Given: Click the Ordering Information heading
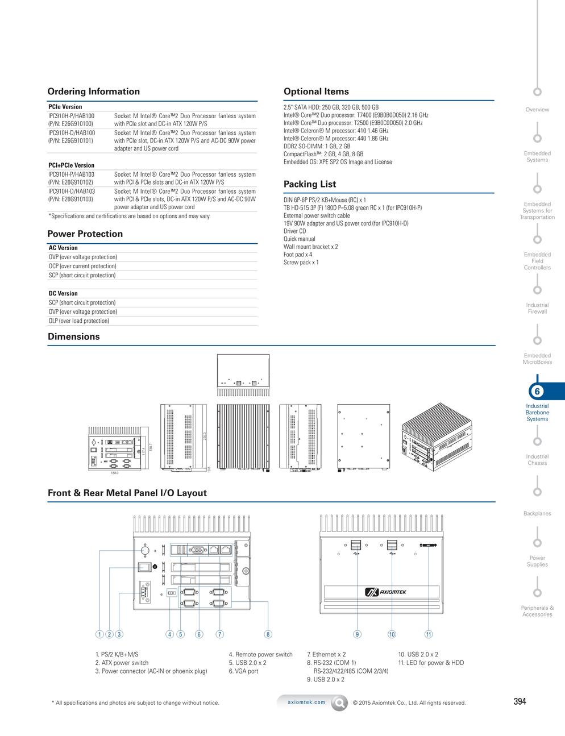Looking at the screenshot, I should pyautogui.click(x=93, y=92).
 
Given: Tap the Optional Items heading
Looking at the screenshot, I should pyautogui.click(x=316, y=92).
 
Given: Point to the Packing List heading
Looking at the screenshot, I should pyautogui.click(x=309, y=184).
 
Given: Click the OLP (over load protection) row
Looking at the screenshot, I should pyautogui.click(x=78, y=321).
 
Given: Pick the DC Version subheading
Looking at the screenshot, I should pyautogui.click(x=63, y=294).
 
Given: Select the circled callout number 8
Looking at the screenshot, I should pyautogui.click(x=268, y=634).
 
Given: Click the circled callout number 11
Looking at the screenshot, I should pyautogui.click(x=429, y=634).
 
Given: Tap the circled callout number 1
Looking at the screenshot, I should pyautogui.click(x=99, y=634).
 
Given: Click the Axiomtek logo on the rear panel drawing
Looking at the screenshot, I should pyautogui.click(x=385, y=593).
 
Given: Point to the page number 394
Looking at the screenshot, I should pyautogui.click(x=520, y=701).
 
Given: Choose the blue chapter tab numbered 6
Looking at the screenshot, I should pyautogui.click(x=537, y=392).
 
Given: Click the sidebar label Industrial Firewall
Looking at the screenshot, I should pyautogui.click(x=537, y=309).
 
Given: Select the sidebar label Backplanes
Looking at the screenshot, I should pyautogui.click(x=537, y=514).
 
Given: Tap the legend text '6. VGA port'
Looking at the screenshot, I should pyautogui.click(x=243, y=671).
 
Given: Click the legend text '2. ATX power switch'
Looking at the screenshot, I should pyautogui.click(x=122, y=663).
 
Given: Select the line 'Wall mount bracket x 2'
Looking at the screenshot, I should pyautogui.click(x=310, y=247).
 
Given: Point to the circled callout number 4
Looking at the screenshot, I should pyautogui.click(x=169, y=634).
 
